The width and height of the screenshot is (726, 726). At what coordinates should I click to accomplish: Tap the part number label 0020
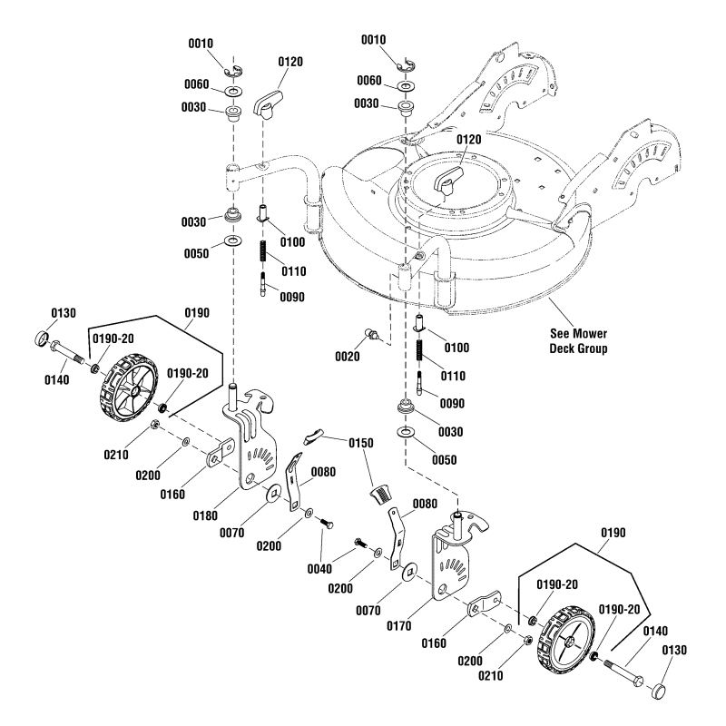click(346, 356)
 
